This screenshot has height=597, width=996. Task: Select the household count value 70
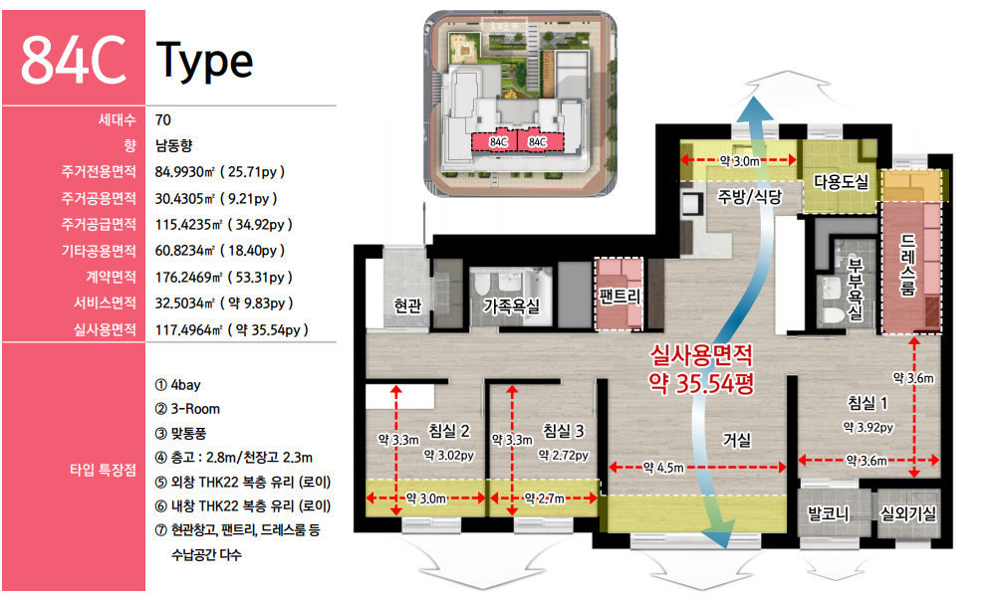(x=162, y=120)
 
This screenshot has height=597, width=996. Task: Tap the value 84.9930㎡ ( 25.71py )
(x=220, y=172)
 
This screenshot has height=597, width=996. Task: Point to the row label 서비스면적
(x=105, y=303)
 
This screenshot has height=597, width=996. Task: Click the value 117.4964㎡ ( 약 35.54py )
(x=232, y=330)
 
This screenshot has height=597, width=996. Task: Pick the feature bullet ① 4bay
(x=178, y=385)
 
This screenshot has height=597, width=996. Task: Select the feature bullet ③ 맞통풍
(x=181, y=434)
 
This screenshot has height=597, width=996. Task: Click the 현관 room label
(x=407, y=305)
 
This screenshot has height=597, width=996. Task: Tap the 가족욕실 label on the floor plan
(x=511, y=306)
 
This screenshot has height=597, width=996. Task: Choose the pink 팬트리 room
(x=620, y=294)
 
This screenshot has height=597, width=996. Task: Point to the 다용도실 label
(x=841, y=182)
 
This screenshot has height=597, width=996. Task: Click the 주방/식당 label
(x=750, y=197)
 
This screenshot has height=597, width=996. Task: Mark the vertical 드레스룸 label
(x=907, y=266)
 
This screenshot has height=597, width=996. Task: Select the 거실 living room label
(x=737, y=440)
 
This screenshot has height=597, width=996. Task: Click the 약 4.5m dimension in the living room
(x=663, y=468)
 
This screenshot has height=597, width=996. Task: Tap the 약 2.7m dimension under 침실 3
(x=545, y=498)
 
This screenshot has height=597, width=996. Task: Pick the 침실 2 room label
(x=449, y=431)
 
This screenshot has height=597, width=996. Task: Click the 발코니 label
(x=829, y=513)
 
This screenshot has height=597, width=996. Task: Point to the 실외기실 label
(x=908, y=513)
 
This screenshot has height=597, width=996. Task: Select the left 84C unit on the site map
(x=499, y=142)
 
